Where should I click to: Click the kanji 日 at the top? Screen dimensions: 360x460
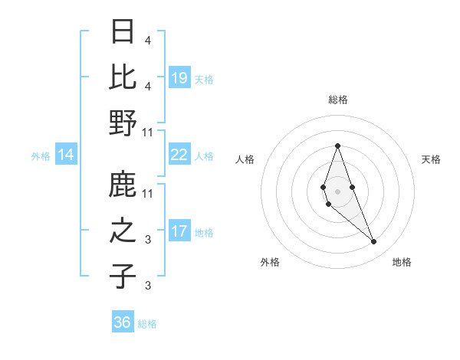pos(123,31)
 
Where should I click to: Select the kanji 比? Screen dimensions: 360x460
pos(123,77)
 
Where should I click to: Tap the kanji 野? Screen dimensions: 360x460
pos(123,123)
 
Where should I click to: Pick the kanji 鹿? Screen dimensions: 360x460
pos(123,185)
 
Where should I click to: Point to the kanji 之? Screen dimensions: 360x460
pos(123,231)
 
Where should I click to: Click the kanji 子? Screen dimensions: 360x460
pos(123,277)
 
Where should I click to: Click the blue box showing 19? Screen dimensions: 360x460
pos(179,77)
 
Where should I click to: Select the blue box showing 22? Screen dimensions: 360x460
pos(179,155)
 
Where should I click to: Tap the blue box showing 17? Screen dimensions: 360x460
pos(179,231)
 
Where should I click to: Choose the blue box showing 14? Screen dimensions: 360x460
pos(66,155)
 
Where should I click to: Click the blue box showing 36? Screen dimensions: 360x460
pos(123,322)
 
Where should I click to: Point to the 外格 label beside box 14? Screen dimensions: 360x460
pos(41,156)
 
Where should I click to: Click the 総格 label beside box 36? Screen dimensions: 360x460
pos(148,324)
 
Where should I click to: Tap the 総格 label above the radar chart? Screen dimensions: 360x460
pos(337,100)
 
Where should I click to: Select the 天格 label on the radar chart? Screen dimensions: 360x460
pos(431,159)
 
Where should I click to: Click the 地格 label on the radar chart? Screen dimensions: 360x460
pos(402,262)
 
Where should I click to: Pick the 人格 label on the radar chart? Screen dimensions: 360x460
pos(245,159)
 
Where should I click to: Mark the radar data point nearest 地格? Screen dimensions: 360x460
pos(373,242)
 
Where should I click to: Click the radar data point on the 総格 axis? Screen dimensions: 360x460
pos(337,145)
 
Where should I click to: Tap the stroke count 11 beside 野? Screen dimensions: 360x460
pos(149,132)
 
